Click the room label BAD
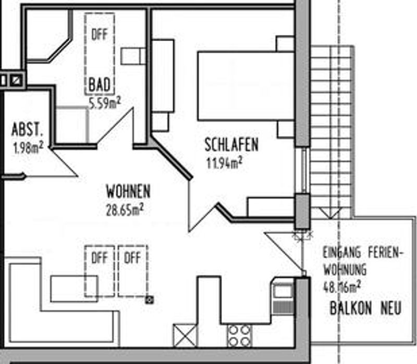(99, 85)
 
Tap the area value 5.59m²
(105, 103)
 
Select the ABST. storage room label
(27, 129)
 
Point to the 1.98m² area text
(28, 147)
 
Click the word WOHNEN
(128, 191)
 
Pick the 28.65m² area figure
(125, 210)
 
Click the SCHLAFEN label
(231, 145)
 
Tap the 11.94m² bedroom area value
(225, 162)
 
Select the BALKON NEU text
(365, 308)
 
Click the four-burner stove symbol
(239, 336)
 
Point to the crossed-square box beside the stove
(185, 336)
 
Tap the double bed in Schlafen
(246, 86)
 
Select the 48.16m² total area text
(342, 287)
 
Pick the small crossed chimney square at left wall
(16, 80)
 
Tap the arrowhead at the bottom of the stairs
(330, 214)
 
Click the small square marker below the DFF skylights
(150, 300)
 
